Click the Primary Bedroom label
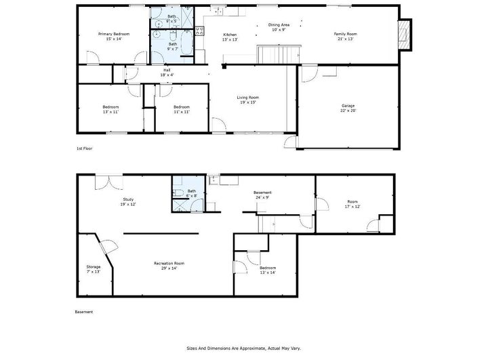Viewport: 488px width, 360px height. click(x=113, y=34)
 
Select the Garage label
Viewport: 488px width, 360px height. click(x=348, y=106)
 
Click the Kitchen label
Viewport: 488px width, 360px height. click(x=230, y=34)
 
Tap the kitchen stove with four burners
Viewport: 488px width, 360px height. click(x=200, y=29)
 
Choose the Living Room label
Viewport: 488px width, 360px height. click(x=247, y=97)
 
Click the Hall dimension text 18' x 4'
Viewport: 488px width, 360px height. click(x=166, y=75)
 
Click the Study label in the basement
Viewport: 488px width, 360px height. click(x=127, y=199)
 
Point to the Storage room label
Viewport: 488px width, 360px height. click(x=93, y=267)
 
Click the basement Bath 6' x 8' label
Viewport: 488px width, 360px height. click(x=191, y=193)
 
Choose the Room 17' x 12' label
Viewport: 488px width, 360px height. click(x=352, y=201)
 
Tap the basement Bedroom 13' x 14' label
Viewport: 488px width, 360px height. click(x=267, y=270)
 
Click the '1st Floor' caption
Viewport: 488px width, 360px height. click(x=84, y=148)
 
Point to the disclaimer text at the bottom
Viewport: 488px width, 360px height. click(x=244, y=348)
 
